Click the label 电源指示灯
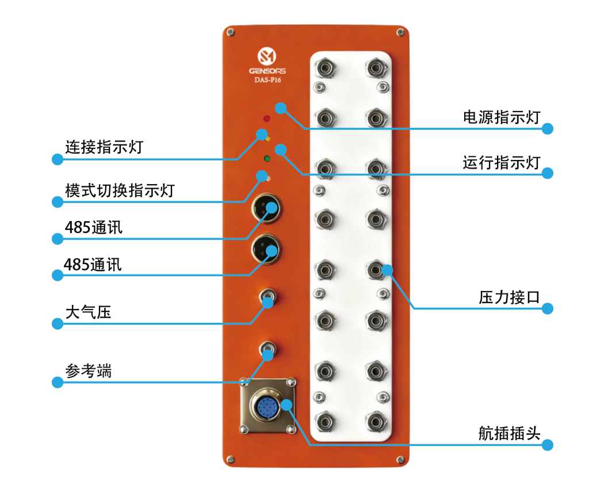(502, 117)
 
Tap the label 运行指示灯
(502, 162)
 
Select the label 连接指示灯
(104, 147)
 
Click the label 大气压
(88, 312)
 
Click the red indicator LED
(266, 119)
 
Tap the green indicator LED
(266, 159)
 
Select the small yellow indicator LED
(268, 139)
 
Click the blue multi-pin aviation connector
(267, 407)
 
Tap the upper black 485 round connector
(265, 208)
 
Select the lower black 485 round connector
(265, 249)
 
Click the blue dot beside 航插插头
(548, 445)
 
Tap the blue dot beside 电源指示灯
(548, 129)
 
